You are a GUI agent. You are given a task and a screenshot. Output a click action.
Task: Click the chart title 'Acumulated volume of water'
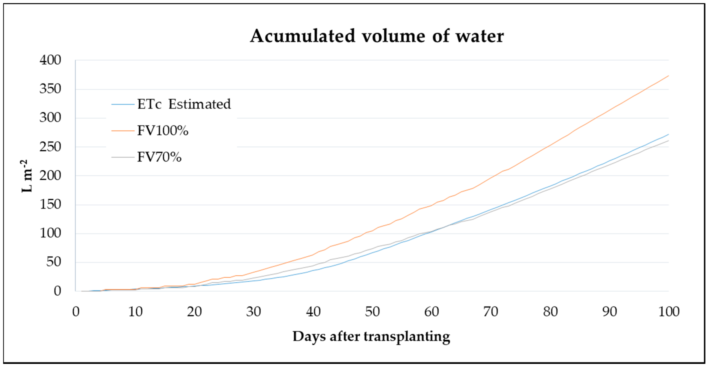coord(377,36)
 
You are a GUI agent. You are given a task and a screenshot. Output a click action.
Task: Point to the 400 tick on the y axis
coord(50,60)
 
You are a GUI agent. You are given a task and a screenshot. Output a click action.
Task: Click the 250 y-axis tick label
coord(50,147)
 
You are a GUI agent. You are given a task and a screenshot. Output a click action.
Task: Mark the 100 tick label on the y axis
coord(50,233)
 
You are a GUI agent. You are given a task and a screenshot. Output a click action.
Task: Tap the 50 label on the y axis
coord(54,262)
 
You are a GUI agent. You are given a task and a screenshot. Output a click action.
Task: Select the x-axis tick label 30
coord(253,312)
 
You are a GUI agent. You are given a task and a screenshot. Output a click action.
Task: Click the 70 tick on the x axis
coord(491,312)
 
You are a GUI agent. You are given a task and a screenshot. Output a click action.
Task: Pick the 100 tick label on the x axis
coord(669,312)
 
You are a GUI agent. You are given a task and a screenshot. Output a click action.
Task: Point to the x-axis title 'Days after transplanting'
coord(371,336)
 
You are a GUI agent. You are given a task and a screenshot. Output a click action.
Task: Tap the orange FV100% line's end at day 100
coord(668,76)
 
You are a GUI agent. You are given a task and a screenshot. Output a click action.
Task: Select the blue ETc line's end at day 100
coord(668,134)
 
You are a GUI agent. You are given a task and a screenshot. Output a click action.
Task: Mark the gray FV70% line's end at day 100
coord(668,141)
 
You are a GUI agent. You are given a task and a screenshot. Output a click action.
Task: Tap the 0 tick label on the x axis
coord(76,312)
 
